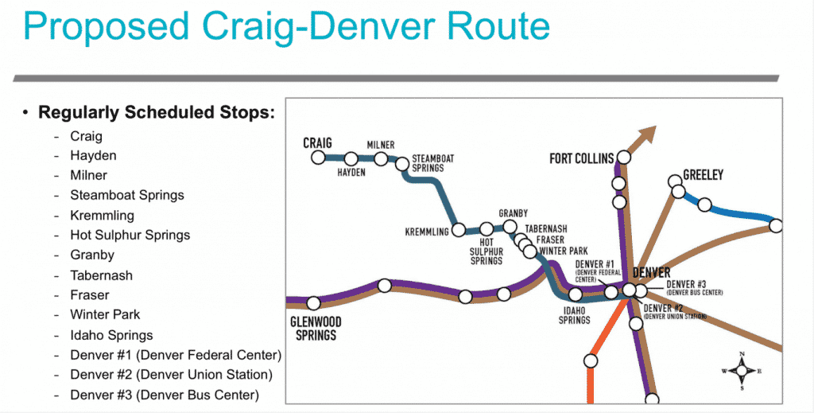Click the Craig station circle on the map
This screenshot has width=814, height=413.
318,158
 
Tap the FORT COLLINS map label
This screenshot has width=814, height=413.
581,158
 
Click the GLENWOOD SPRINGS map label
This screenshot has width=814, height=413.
316,328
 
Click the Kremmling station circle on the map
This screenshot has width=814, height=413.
459,231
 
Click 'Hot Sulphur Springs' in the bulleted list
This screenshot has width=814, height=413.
130,235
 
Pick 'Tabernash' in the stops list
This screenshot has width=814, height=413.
101,275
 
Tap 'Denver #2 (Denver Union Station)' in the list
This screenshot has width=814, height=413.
171,375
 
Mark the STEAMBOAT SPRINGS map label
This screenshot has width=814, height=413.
433,164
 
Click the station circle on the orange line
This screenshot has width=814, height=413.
591,360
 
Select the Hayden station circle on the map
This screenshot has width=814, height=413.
350,158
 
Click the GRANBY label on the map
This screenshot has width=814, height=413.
513,214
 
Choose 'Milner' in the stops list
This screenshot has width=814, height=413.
88,175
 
